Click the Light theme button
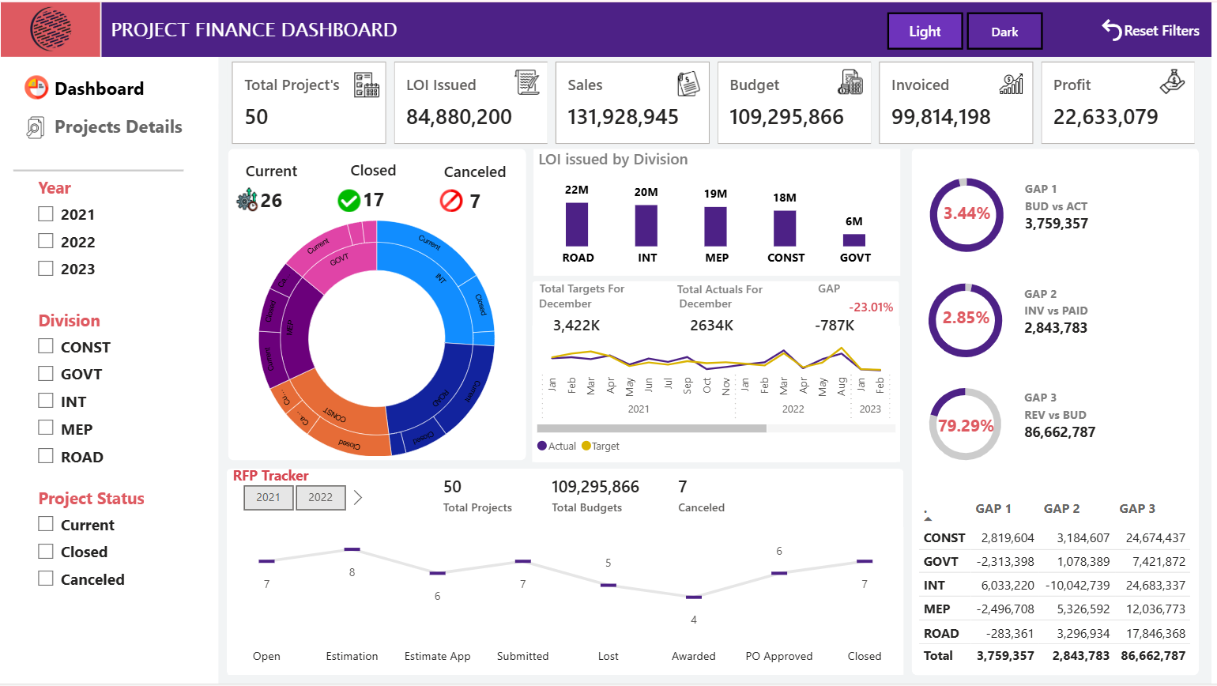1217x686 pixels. [925, 32]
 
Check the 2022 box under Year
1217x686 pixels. [46, 241]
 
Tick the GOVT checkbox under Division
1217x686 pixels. [46, 373]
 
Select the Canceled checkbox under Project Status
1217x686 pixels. [46, 579]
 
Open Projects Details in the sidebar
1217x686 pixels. [118, 126]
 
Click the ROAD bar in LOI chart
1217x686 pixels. [577, 224]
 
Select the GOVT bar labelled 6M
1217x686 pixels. [854, 239]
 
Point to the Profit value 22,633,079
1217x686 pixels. [1105, 117]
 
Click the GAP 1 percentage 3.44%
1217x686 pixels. [966, 213]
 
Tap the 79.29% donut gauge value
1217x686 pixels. [966, 425]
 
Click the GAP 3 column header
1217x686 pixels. [1137, 509]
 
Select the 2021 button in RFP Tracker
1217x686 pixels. [268, 497]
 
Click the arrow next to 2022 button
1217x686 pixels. [358, 497]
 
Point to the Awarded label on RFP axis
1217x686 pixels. [693, 656]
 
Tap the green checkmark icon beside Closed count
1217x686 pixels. [349, 201]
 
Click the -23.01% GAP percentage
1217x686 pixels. [871, 307]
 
